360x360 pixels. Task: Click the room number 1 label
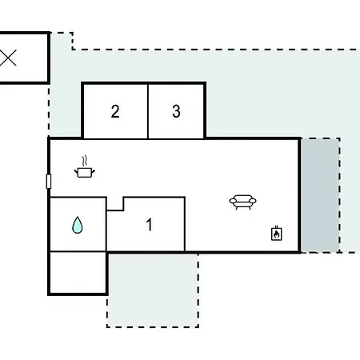tap(150, 225)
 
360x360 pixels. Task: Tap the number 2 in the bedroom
tap(115, 111)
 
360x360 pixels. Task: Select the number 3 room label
tap(176, 111)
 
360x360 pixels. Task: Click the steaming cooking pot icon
tap(85, 167)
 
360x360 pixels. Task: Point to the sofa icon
tap(242, 202)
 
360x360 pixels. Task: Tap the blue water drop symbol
tap(78, 225)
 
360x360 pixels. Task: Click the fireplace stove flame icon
tap(277, 234)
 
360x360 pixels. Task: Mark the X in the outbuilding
tap(8, 58)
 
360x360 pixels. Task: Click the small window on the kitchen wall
tap(49, 182)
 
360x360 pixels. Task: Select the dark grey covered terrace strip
tap(320, 195)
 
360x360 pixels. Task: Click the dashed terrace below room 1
tap(153, 290)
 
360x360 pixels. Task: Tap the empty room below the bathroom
tap(78, 273)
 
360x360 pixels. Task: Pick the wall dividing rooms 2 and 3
tap(148, 111)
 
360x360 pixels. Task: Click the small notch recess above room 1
tap(115, 204)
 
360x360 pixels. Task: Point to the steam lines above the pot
tap(85, 161)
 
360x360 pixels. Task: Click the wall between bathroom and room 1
tap(106, 224)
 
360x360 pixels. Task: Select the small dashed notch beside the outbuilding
tap(62, 41)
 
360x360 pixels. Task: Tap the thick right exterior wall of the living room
tap(300, 195)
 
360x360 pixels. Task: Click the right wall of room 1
tap(185, 224)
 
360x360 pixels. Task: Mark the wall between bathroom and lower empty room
tap(78, 251)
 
